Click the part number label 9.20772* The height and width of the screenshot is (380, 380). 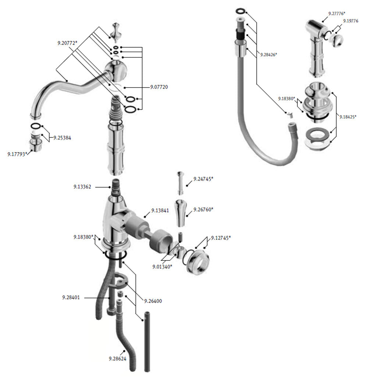(x=67, y=43)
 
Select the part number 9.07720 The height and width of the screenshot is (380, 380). (x=159, y=87)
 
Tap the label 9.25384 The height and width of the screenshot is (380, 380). (x=62, y=138)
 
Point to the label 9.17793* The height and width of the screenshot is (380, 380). (x=17, y=154)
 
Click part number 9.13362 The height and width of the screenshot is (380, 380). (x=82, y=187)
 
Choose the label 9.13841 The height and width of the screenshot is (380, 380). (x=160, y=210)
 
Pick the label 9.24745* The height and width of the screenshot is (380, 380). (x=203, y=179)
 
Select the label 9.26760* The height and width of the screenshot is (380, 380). (x=203, y=209)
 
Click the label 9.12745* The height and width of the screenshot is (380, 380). (x=221, y=238)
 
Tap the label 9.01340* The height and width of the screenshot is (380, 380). (x=162, y=267)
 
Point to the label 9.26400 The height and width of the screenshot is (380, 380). (x=153, y=301)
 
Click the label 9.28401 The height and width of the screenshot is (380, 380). (x=71, y=297)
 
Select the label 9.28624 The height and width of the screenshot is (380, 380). (x=118, y=359)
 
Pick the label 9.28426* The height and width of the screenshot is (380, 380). (x=269, y=55)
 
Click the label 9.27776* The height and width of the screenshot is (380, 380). (x=337, y=14)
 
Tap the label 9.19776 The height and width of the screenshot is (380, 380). (x=351, y=21)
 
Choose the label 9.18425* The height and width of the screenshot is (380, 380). (x=348, y=117)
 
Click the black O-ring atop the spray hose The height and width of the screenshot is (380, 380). (x=241, y=11)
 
